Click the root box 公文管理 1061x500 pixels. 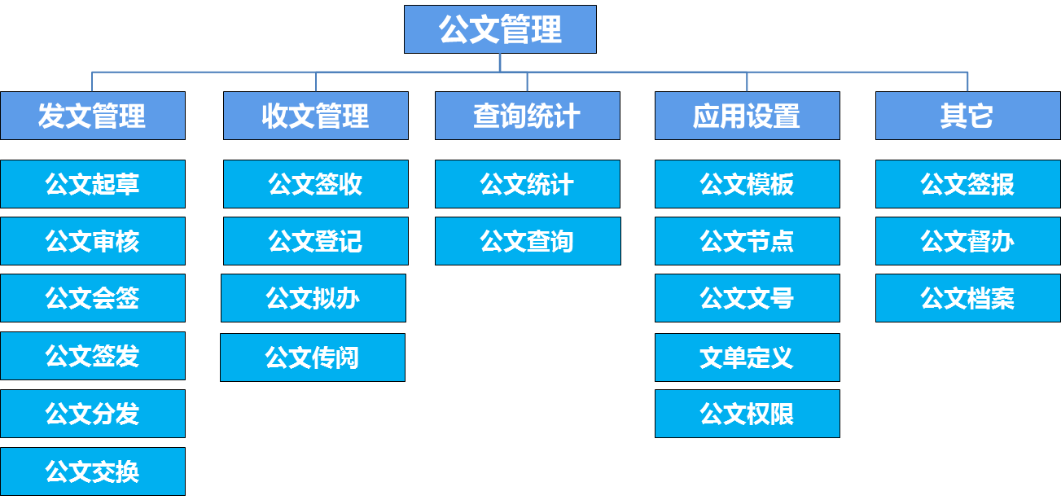(500, 30)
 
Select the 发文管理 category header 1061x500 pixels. (93, 116)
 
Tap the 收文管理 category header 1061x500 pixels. (316, 116)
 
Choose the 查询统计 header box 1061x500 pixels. (527, 116)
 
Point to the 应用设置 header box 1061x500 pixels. (747, 116)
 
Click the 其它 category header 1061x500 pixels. (967, 116)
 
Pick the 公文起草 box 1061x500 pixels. (93, 184)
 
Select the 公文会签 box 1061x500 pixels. (93, 298)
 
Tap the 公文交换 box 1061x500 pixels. (93, 471)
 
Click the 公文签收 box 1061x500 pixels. (316, 184)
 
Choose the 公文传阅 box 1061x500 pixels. (313, 357)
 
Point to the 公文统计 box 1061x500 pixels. (527, 184)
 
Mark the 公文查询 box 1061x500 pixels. (527, 241)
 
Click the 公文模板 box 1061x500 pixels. (747, 184)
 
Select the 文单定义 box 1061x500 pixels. (747, 357)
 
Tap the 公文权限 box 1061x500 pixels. (747, 414)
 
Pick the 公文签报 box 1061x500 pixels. (967, 184)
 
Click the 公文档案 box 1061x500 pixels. (967, 298)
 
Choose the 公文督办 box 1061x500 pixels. (967, 241)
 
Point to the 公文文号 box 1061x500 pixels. (747, 298)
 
